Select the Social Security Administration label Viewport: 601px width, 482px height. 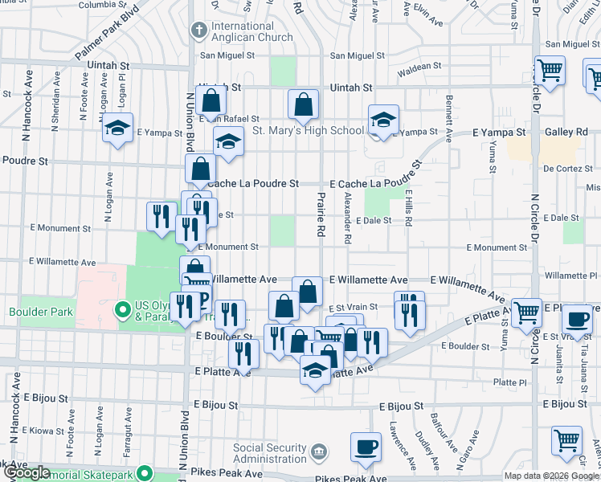point(270,453)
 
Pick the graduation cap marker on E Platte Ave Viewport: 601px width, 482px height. point(314,371)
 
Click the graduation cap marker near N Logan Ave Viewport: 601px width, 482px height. point(118,129)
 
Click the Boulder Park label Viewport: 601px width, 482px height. point(41,312)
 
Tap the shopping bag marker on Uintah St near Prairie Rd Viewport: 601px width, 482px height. point(304,104)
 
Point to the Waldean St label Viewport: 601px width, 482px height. point(420,67)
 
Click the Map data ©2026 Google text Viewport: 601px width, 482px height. point(550,476)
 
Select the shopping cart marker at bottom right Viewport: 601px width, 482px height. point(566,441)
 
